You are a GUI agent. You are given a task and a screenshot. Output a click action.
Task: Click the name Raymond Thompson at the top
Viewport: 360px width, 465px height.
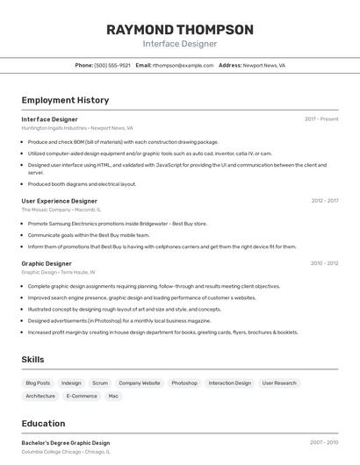[x=180, y=30]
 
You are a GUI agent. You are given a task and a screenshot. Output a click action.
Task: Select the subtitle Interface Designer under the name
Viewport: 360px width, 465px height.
[x=180, y=44]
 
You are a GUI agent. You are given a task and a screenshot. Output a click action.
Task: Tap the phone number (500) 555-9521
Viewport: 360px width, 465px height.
[x=112, y=65]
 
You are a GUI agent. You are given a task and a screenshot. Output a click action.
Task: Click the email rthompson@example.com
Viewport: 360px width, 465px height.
[x=184, y=65]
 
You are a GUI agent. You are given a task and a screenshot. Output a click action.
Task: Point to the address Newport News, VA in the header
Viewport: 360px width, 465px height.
[x=263, y=65]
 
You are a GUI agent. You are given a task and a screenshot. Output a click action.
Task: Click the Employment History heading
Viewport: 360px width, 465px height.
[x=65, y=100]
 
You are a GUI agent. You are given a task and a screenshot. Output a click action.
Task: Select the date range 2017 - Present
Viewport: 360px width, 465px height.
[x=321, y=119]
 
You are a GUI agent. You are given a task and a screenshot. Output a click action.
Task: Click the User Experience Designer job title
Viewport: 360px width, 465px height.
[x=59, y=201]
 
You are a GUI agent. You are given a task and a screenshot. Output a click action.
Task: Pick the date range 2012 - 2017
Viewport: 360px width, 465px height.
[x=324, y=201]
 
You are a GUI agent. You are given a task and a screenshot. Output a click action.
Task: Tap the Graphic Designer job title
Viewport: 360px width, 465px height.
[x=47, y=263]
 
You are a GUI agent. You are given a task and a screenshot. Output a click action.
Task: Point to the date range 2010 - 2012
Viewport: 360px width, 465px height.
[x=324, y=263]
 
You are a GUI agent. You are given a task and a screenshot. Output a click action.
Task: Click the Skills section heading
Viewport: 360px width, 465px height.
[x=32, y=360]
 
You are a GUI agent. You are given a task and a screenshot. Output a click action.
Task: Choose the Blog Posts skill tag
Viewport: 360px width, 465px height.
[x=38, y=383]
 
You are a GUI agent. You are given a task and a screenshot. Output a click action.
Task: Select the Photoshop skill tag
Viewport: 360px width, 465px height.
[x=184, y=383]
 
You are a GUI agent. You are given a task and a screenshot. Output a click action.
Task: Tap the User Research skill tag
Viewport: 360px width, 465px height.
[x=279, y=383]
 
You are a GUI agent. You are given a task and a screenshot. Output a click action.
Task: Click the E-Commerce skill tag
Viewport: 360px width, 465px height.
[x=82, y=396]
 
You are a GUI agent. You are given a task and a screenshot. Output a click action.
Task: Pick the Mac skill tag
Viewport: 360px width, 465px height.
[x=113, y=396]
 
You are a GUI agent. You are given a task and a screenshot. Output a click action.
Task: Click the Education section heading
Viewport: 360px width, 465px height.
[x=43, y=423]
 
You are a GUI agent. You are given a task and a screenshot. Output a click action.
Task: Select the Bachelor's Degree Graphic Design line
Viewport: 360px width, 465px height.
[x=66, y=443]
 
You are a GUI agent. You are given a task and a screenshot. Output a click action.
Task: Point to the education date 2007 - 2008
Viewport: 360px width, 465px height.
[x=324, y=443]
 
